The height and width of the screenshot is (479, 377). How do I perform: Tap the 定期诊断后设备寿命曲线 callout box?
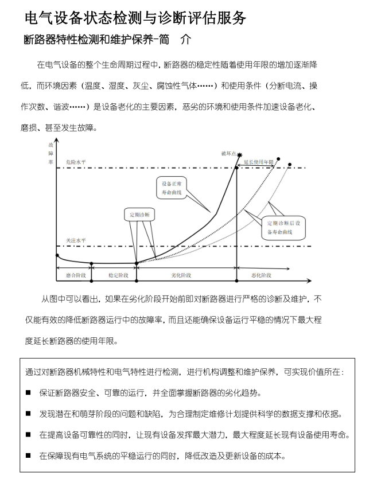click(x=284, y=227)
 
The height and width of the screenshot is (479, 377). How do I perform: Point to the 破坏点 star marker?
click(x=239, y=156)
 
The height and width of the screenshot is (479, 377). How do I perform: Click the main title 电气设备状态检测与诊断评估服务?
click(x=135, y=18)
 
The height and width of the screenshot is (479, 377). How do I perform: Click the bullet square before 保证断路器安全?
click(x=28, y=393)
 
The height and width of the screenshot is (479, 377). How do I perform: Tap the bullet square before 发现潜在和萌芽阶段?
click(x=28, y=414)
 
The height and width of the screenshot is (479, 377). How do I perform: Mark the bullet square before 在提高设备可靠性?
click(x=28, y=435)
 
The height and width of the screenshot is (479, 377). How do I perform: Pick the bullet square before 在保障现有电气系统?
click(x=28, y=457)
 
